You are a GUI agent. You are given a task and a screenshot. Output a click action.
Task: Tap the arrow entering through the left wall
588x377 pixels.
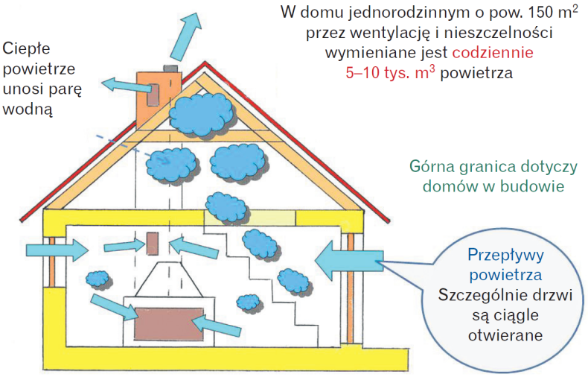67,248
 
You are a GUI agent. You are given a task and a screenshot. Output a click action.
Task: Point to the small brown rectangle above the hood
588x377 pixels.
152,244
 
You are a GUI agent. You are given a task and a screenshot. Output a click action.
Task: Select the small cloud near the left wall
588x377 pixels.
96,279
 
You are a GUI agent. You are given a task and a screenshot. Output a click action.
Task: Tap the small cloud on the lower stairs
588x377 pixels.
248,301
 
